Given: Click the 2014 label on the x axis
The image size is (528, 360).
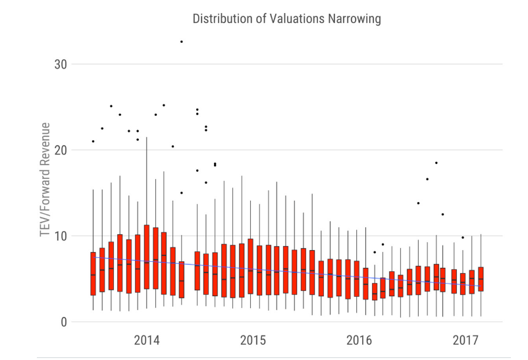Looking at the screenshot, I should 147,340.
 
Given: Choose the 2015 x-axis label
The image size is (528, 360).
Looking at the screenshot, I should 253,340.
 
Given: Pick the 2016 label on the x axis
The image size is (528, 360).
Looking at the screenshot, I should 359,340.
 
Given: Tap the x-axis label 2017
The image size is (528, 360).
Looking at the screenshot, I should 465,340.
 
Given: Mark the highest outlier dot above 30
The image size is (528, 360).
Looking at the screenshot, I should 182,41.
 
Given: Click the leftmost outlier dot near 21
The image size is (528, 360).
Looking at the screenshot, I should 93,141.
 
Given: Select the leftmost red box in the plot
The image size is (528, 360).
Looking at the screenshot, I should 93,274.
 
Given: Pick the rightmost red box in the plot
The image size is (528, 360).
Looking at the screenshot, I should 481,279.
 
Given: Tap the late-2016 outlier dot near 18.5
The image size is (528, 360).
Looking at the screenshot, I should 436,163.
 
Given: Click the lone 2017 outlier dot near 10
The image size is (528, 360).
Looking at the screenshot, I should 463,238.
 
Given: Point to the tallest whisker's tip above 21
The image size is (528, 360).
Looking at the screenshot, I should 146,138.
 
